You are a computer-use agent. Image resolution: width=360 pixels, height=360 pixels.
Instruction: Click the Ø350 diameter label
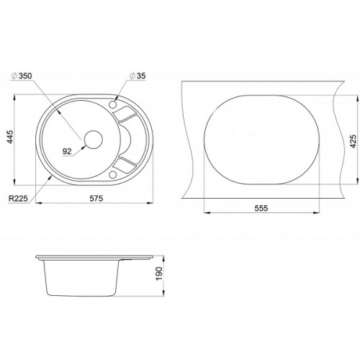(22, 76)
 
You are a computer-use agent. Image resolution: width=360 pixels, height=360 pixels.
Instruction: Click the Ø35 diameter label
(138, 76)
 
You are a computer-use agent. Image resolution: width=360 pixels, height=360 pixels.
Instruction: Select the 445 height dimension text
(9, 137)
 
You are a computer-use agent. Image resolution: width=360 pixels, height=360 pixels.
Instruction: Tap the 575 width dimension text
(96, 199)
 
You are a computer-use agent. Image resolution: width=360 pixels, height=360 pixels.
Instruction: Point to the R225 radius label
(18, 199)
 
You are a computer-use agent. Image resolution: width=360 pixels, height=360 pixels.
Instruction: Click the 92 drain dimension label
(67, 151)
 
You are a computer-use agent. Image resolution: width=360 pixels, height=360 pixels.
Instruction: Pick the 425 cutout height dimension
(353, 141)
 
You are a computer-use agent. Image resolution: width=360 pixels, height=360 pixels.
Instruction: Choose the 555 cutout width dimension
(261, 208)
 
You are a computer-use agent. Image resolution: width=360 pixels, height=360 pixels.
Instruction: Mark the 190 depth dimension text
(159, 274)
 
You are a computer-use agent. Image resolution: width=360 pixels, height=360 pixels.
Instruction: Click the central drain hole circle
(93, 140)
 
